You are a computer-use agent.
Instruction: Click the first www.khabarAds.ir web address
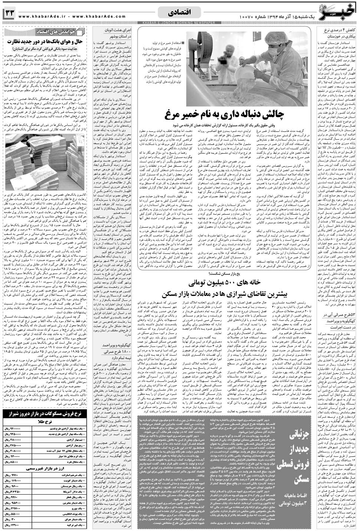coord(39,16)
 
